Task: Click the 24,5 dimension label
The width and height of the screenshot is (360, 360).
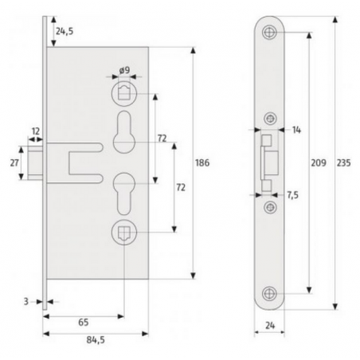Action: coord(65,31)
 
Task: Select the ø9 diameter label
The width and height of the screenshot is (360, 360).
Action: coord(124,70)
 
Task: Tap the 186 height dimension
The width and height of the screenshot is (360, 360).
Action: coord(202,162)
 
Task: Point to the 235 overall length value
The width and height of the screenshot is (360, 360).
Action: coord(344,162)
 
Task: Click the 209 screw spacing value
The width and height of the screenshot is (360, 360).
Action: coord(319,162)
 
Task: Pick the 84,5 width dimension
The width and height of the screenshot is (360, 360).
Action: coord(96,339)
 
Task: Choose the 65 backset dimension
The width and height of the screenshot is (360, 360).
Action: coord(83,323)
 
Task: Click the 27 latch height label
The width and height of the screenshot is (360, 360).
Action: coord(14,162)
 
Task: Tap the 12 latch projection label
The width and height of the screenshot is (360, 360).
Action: coord(36,131)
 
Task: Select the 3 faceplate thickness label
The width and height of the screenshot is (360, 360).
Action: coord(25,302)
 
